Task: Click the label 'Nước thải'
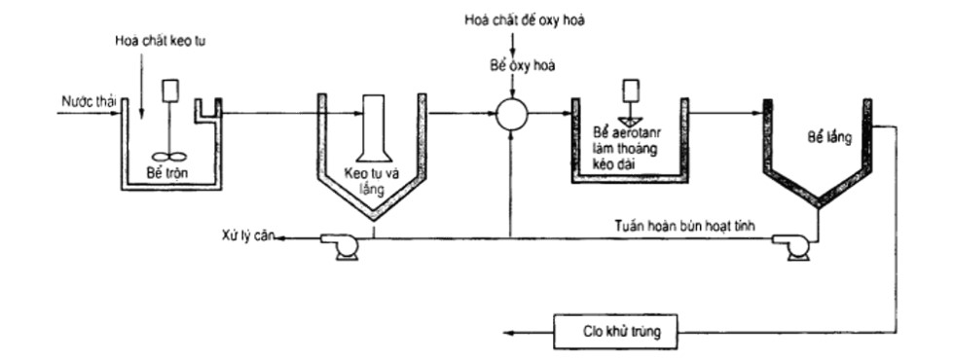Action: click(x=82, y=99)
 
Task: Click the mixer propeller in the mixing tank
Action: click(x=168, y=155)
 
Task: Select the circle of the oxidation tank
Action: click(x=510, y=115)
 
